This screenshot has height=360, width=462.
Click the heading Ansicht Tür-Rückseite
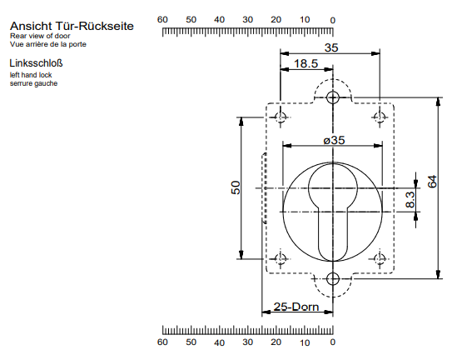pyautogui.click(x=71, y=27)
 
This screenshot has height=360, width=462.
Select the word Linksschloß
pyautogui.click(x=37, y=63)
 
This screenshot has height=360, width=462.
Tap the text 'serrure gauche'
pyautogui.click(x=34, y=83)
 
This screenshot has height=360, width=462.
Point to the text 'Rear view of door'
pyautogui.click(x=38, y=37)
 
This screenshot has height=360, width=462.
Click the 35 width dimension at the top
pyautogui.click(x=331, y=48)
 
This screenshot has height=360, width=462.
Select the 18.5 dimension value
pyautogui.click(x=306, y=64)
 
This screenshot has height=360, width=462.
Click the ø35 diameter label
pyautogui.click(x=334, y=141)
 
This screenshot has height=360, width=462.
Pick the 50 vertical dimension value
pyautogui.click(x=236, y=188)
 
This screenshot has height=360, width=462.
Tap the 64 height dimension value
pyautogui.click(x=431, y=182)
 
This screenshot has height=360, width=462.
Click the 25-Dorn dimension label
pyautogui.click(x=296, y=308)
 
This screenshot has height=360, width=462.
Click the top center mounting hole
pyautogui.click(x=333, y=97)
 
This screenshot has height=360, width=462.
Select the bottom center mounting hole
pyautogui.click(x=333, y=279)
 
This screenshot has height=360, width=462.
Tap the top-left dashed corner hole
pyautogui.click(x=281, y=117)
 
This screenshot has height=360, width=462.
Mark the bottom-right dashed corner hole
pyautogui.click(x=381, y=259)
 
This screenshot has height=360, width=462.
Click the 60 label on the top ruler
pyautogui.click(x=162, y=19)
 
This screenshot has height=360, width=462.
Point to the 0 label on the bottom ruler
pyautogui.click(x=333, y=342)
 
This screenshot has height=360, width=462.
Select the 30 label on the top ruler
pyautogui.click(x=247, y=19)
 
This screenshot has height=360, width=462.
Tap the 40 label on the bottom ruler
pyautogui.click(x=219, y=342)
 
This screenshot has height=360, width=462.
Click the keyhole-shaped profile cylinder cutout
pyautogui.click(x=333, y=208)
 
